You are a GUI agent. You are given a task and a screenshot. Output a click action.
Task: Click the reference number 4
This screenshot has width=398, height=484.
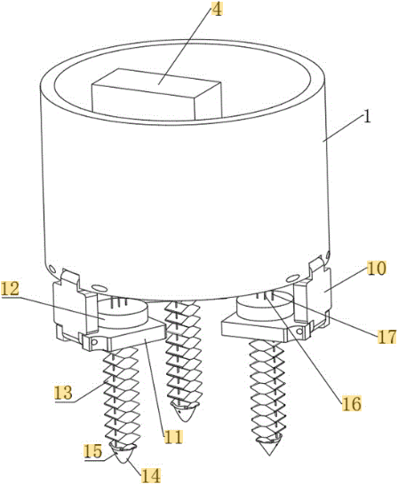(x=217, y=10)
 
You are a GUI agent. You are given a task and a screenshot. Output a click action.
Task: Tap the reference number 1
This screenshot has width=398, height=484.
(x=366, y=117)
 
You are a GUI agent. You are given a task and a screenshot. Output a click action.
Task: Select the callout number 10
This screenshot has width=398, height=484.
(x=377, y=269)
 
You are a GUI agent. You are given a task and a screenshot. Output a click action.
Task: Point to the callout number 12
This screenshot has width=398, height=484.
(x=10, y=289)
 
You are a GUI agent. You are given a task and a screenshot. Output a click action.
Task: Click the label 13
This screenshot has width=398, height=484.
(x=63, y=393)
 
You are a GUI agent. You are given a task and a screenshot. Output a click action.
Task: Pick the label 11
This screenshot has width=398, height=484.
(x=173, y=436)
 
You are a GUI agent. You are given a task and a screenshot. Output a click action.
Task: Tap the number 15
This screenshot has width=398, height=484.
(x=92, y=451)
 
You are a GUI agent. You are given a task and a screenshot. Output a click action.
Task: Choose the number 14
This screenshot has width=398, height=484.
(x=151, y=475)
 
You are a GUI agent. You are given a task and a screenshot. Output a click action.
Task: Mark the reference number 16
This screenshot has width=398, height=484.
(x=352, y=403)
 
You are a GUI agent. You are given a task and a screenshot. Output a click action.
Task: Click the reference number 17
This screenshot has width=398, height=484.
(x=386, y=337)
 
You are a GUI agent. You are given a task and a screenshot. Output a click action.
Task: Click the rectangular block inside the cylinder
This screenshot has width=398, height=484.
(x=157, y=94)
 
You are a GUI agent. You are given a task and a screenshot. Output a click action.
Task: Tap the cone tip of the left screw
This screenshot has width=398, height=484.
(x=123, y=462)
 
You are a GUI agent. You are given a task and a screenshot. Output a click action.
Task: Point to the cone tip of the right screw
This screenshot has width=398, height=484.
(x=269, y=455)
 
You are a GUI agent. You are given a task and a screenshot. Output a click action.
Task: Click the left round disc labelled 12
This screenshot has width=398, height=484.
(x=123, y=312)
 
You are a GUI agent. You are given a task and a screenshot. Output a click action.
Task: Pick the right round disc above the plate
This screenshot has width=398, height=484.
(x=266, y=306)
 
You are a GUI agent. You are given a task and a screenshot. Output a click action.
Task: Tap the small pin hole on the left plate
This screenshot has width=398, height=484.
(x=95, y=341)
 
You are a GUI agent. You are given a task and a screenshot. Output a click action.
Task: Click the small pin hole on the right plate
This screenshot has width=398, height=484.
(x=299, y=332)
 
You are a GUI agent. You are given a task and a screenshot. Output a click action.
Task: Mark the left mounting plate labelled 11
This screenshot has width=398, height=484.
(x=123, y=335)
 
